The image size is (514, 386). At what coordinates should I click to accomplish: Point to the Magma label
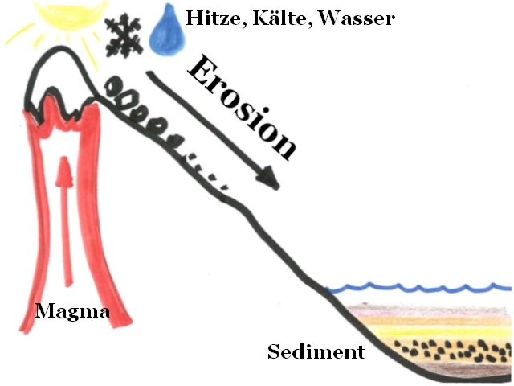[72, 311]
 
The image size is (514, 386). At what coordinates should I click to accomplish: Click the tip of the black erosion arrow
[275, 186]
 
